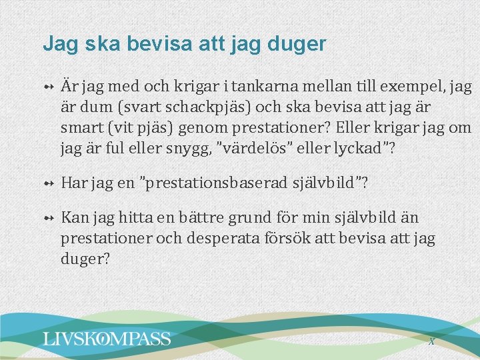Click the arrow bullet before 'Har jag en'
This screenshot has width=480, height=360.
tap(49, 183)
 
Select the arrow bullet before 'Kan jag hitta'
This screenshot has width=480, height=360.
tap(49, 218)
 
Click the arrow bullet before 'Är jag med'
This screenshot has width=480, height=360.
tap(49, 87)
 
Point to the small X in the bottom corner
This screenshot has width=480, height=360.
tap(431, 341)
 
